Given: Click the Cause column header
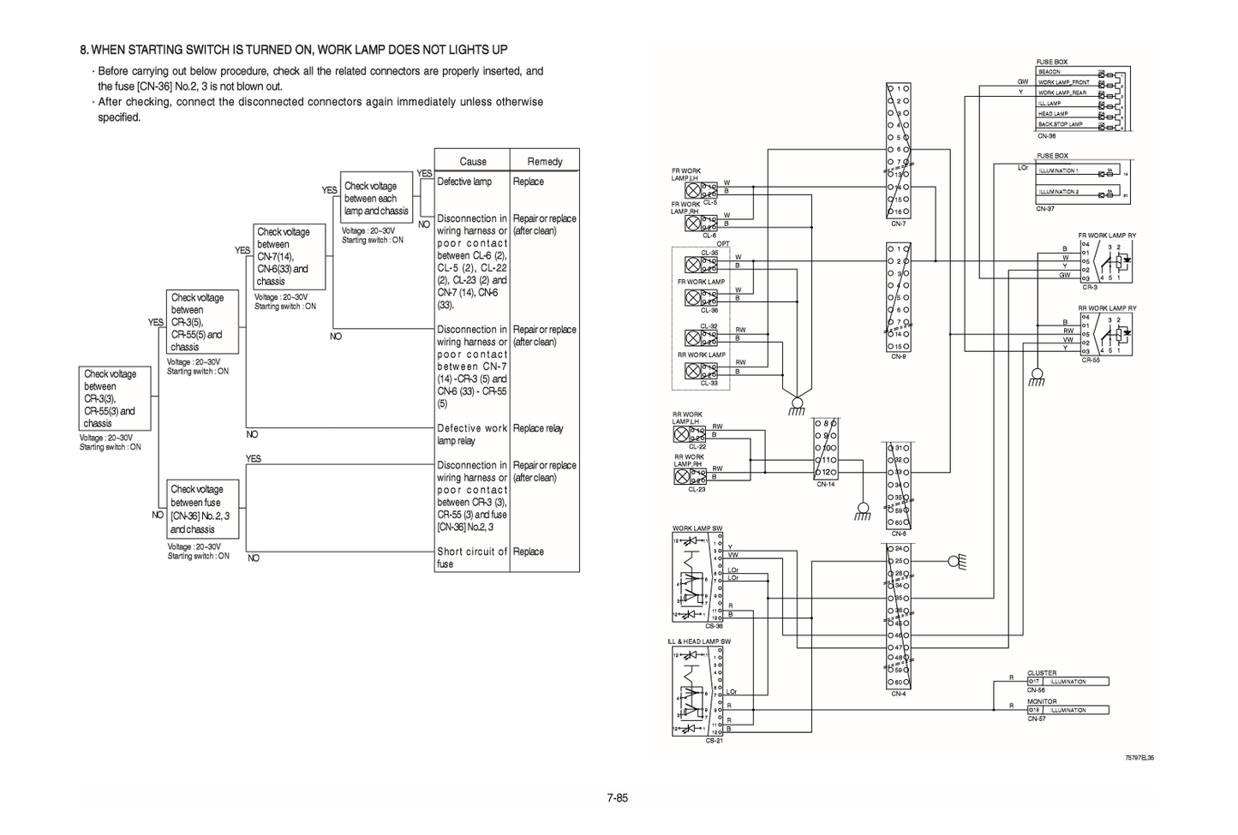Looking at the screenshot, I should coord(472,161).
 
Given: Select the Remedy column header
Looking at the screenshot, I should coord(545,161).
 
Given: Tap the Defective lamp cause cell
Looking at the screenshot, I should coord(464,182).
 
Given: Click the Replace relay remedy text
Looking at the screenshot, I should coord(538,428).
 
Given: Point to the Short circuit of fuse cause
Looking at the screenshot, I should coord(472,558).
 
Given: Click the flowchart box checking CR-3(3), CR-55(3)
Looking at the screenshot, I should coord(115,398).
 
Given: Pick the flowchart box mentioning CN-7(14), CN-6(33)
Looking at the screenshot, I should coord(290,256).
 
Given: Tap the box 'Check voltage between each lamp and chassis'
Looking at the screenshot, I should coord(376,198).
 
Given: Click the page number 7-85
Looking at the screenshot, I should coord(618,798).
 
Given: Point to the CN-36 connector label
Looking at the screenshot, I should coord(1046,136).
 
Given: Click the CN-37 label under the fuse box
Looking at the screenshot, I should coord(1045,208).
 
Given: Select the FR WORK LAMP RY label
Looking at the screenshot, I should coord(1107,236).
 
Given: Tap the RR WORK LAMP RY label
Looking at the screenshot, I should coord(1107,308).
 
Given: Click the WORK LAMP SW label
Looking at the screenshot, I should coord(697,528).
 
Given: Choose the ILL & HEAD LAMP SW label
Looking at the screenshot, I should coord(699,641).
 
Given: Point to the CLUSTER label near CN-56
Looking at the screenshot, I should coord(1042,673).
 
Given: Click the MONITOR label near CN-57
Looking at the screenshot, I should coord(1042,701).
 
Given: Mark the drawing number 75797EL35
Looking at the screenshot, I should coord(1139,758).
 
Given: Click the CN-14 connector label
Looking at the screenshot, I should coord(825,484).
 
